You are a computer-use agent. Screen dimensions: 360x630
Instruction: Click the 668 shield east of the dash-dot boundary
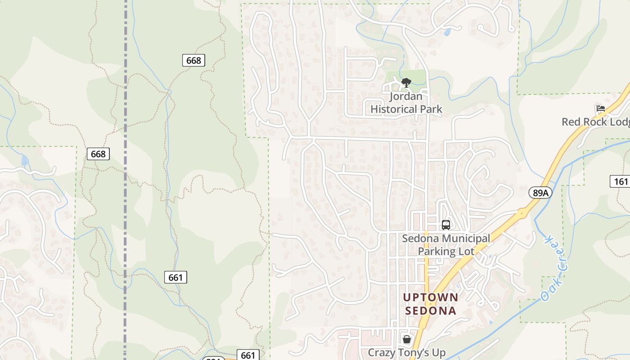tap(193, 60)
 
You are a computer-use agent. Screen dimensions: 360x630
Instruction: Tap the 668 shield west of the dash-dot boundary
tap(98, 154)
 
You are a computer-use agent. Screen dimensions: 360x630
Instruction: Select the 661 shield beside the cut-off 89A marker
tap(248, 355)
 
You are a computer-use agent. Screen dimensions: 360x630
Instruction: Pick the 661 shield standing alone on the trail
tap(175, 277)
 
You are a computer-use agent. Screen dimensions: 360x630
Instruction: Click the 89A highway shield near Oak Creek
tap(540, 193)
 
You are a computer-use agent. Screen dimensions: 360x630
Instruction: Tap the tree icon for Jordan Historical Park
tap(406, 82)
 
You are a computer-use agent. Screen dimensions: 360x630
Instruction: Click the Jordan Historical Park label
tap(406, 103)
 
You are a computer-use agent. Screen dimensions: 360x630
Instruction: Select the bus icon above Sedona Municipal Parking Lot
tap(445, 225)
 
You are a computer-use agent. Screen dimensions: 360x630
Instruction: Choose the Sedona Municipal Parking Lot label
tap(445, 244)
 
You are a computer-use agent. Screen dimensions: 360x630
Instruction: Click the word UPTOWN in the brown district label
tap(431, 297)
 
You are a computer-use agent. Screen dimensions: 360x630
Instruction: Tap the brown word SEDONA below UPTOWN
tap(431, 310)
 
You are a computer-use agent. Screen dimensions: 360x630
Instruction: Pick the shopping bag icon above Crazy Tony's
tap(406, 339)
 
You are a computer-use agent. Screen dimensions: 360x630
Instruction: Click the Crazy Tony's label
tap(406, 352)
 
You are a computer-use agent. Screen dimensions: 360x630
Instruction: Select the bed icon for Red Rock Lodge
tap(600, 108)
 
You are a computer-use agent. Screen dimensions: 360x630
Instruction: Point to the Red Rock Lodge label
tap(595, 122)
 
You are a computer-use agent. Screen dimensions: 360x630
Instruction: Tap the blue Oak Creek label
tap(554, 267)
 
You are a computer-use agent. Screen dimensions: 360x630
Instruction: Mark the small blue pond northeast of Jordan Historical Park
tap(447, 32)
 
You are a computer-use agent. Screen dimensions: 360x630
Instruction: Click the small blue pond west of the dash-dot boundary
tap(24, 161)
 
